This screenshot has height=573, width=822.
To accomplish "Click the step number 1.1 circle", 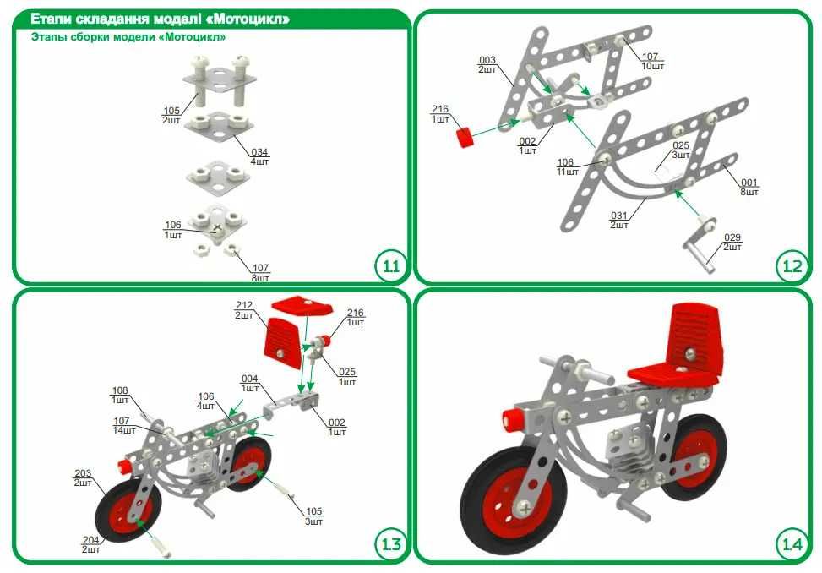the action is coord(390,266).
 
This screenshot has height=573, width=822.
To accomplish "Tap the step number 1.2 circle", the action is coord(791,266).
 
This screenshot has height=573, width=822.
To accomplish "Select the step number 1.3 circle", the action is coord(390,544).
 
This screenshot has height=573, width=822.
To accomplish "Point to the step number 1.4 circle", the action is coord(791,544).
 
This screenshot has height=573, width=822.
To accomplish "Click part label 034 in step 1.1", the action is coord(259,152).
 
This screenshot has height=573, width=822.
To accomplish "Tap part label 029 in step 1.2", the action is coord(732,237).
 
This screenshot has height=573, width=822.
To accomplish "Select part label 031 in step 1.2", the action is coord(619,216).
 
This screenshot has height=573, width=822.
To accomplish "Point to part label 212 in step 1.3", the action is coord(244,305).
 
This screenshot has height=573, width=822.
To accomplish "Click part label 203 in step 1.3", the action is coord(83,473).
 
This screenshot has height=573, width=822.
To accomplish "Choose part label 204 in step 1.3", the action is coord(90,540).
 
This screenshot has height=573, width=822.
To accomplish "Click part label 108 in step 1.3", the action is coord(120,390).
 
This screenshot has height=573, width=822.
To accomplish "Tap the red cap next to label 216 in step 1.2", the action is coord(464,138).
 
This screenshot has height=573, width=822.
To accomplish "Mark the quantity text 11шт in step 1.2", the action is coord(568,172).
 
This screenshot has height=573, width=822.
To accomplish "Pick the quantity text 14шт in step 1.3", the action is coord(124,430).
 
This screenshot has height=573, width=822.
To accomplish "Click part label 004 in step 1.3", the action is coord(249,379).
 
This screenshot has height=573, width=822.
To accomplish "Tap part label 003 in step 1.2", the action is coord(487,60).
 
